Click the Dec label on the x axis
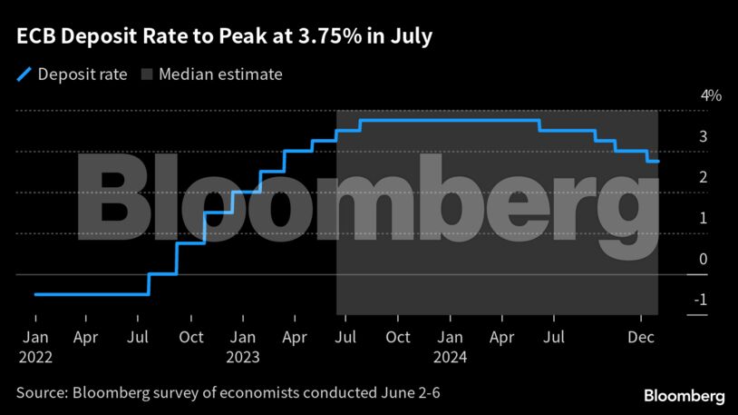pyautogui.click(x=641, y=338)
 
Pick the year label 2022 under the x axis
pyautogui.click(x=35, y=358)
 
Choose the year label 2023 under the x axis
pyautogui.click(x=242, y=358)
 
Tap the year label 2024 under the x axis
pyautogui.click(x=450, y=358)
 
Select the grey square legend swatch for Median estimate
pyautogui.click(x=147, y=74)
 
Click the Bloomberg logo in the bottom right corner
pyautogui.click(x=684, y=396)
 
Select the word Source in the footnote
pyautogui.click(x=40, y=394)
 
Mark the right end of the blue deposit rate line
pyautogui.click(x=658, y=162)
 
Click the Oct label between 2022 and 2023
pyautogui.click(x=190, y=338)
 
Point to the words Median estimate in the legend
pyautogui.click(x=220, y=74)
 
